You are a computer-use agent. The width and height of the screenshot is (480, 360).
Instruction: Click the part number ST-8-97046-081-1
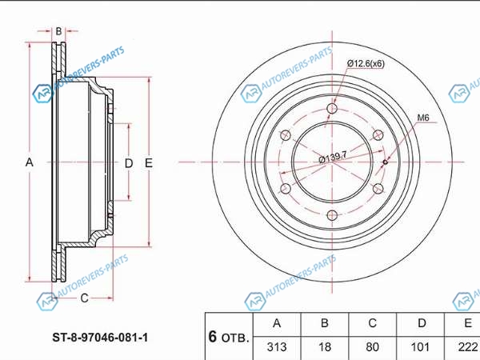click(x=100, y=338)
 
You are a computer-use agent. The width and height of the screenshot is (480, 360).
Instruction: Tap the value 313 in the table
click(x=277, y=347)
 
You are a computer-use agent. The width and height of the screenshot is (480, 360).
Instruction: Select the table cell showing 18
click(x=325, y=347)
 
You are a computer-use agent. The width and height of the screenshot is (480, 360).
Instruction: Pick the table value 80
click(x=372, y=347)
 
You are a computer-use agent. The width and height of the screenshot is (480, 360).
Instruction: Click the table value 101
click(x=420, y=347)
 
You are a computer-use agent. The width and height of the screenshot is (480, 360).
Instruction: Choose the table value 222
click(x=468, y=347)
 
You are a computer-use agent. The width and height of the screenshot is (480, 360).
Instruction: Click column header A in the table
click(x=277, y=323)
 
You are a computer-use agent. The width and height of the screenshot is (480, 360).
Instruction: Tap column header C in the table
click(x=372, y=323)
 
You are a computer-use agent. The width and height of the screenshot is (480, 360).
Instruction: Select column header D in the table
click(x=422, y=323)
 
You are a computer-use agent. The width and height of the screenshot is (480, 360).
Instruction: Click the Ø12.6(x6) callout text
click(x=366, y=64)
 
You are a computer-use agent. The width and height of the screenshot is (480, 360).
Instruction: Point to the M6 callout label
click(x=423, y=118)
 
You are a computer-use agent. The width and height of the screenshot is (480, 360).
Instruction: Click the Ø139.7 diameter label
click(x=333, y=157)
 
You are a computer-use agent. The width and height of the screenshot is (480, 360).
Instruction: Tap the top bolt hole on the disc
click(x=332, y=108)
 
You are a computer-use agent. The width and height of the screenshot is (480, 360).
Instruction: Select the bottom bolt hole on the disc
click(x=332, y=215)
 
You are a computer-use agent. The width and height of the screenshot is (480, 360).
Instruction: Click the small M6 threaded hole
click(x=386, y=162)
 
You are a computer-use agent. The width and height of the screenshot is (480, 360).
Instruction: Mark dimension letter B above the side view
click(x=58, y=31)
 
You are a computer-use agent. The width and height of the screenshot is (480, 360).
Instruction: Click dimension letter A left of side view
click(x=29, y=162)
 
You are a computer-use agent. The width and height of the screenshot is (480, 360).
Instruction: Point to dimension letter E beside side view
click(x=149, y=163)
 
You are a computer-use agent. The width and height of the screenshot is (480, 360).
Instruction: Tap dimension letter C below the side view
click(x=84, y=298)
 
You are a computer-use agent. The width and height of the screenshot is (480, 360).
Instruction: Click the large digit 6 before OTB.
click(x=213, y=337)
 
